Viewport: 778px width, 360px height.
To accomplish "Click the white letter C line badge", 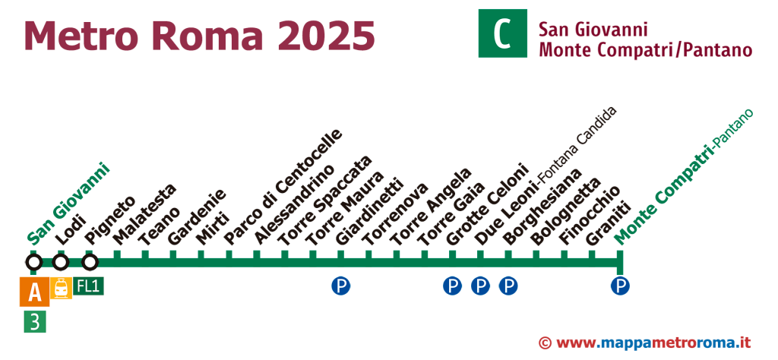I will click(502, 33).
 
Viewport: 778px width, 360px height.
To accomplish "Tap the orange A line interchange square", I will click(34, 291).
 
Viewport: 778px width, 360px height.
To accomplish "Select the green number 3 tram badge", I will click(34, 321).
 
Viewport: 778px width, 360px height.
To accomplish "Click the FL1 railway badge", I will click(89, 286).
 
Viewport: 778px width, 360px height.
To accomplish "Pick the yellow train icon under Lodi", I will click(61, 288).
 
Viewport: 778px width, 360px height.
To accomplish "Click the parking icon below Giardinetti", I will click(340, 286).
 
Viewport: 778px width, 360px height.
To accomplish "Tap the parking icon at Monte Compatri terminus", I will click(621, 286).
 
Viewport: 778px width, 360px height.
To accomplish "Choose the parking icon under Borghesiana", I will click(508, 286).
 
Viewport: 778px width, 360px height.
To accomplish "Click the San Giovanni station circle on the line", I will click(33, 263).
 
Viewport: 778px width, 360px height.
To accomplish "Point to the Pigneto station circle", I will click(90, 263).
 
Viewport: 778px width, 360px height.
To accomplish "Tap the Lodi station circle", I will click(61, 263).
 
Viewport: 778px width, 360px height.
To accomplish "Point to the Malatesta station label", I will click(144, 216).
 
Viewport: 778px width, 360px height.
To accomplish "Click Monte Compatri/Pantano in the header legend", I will click(645, 51).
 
